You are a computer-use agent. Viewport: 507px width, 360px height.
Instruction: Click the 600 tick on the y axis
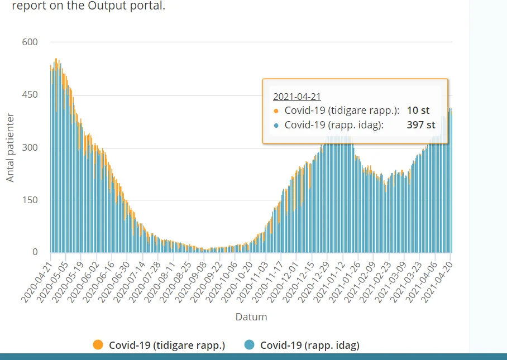(30, 42)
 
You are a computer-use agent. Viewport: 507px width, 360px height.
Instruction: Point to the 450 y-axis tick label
(30, 95)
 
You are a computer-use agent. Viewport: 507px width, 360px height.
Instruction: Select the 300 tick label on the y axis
(30, 147)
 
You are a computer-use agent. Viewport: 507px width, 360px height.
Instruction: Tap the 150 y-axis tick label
(30, 200)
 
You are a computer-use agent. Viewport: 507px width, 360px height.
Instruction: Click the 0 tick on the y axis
(35, 252)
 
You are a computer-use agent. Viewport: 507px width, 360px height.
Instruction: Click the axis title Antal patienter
(11, 147)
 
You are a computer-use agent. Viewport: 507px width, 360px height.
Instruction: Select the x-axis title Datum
(251, 317)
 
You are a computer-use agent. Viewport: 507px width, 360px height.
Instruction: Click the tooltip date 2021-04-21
(296, 96)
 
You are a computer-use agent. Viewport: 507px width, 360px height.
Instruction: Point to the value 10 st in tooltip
(418, 111)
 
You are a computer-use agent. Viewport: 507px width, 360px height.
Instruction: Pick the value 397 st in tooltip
(421, 125)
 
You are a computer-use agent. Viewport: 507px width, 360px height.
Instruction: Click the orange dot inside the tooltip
(276, 111)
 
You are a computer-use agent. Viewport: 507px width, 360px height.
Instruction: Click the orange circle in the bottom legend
(98, 345)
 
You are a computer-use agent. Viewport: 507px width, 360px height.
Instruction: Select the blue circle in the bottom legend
(250, 345)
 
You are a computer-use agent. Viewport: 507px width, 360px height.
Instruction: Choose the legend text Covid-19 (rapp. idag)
(310, 345)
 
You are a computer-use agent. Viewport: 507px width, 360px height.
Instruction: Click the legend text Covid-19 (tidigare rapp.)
(167, 345)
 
